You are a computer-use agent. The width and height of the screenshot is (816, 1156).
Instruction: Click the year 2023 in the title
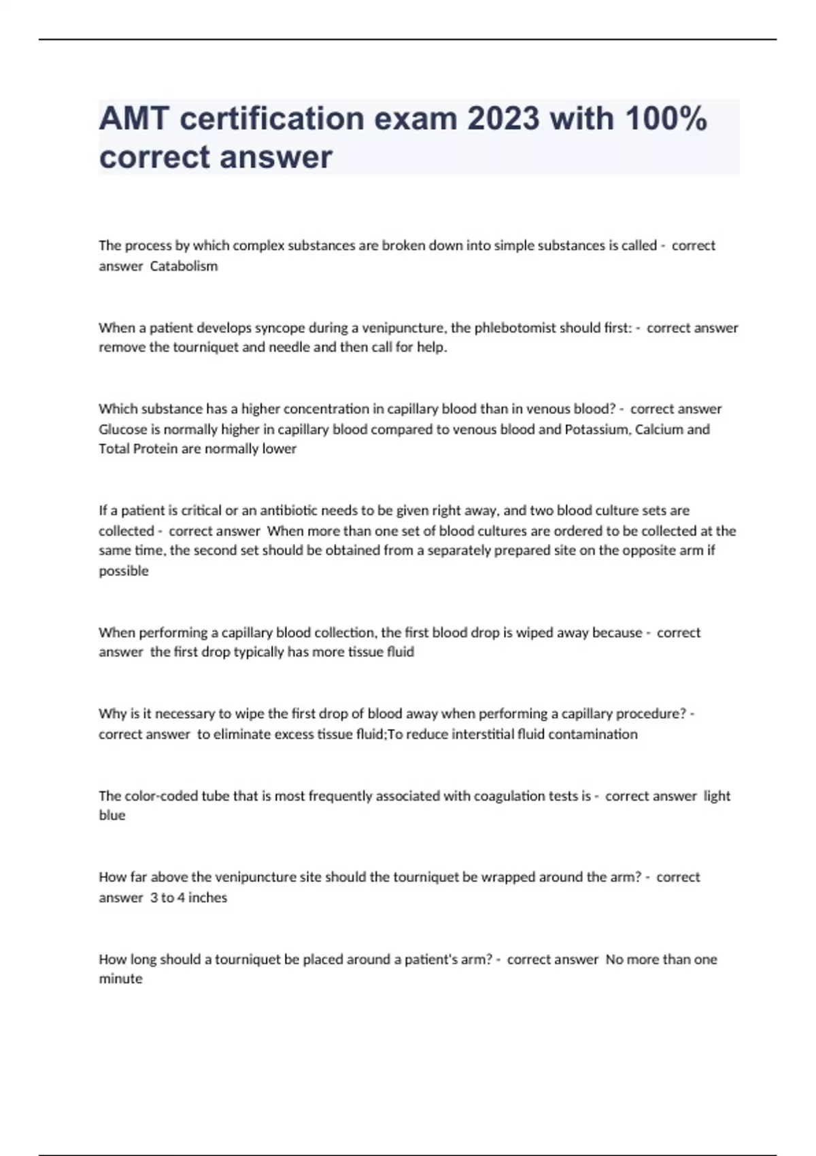tap(503, 119)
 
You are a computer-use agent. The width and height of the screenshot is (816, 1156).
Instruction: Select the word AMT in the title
tap(134, 119)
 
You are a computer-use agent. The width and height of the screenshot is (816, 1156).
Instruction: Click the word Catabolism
tap(184, 266)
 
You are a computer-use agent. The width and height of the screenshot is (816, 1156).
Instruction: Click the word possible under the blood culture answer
tap(124, 571)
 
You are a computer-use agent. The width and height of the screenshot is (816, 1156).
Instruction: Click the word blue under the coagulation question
tap(112, 815)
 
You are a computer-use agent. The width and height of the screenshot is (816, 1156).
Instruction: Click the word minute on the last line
tap(120, 979)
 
